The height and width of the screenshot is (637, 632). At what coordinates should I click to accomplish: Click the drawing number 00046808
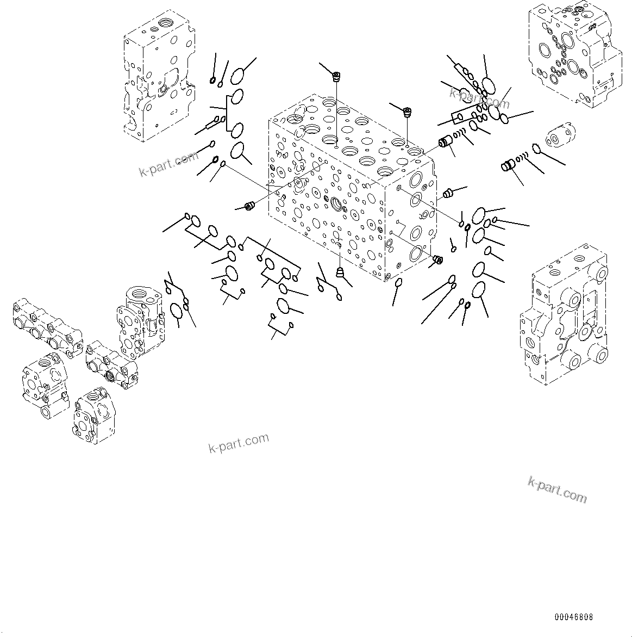[x=573, y=617]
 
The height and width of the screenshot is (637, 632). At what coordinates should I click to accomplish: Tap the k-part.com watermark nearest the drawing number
[x=557, y=489]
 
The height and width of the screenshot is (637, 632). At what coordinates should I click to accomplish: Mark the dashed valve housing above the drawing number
[x=564, y=316]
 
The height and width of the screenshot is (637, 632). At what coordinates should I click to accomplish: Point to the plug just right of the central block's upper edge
[x=448, y=192]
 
